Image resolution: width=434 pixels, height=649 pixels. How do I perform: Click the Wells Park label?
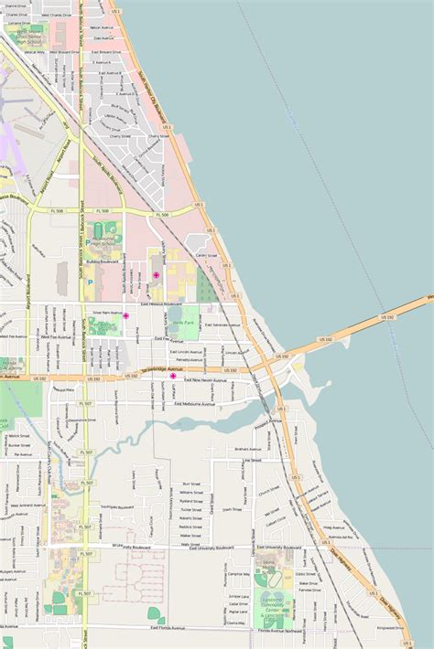(x=182, y=323)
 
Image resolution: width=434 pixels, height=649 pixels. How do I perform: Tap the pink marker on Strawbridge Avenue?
(x=173, y=376)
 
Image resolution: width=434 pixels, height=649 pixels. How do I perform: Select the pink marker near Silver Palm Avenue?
(x=125, y=315)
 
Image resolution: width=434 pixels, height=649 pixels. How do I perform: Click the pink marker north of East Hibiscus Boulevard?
(x=156, y=275)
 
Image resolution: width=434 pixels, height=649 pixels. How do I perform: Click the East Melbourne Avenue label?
(x=195, y=403)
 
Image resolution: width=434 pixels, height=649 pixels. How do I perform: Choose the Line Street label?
(x=251, y=462)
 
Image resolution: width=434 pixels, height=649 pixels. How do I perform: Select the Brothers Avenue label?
(x=248, y=449)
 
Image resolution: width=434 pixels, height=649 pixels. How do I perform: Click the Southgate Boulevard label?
(x=118, y=505)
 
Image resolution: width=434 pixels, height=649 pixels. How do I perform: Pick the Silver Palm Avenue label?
(x=108, y=312)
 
